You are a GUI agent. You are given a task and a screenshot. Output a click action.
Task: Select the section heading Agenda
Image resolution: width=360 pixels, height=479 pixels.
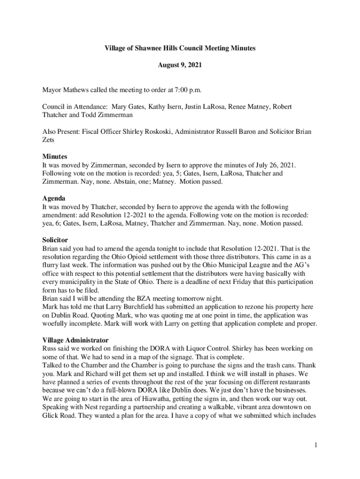point(54,198)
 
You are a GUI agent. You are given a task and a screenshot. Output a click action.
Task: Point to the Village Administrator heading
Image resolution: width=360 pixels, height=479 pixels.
point(75,340)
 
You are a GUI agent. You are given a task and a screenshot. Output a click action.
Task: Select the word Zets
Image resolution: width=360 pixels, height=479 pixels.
point(48,140)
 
